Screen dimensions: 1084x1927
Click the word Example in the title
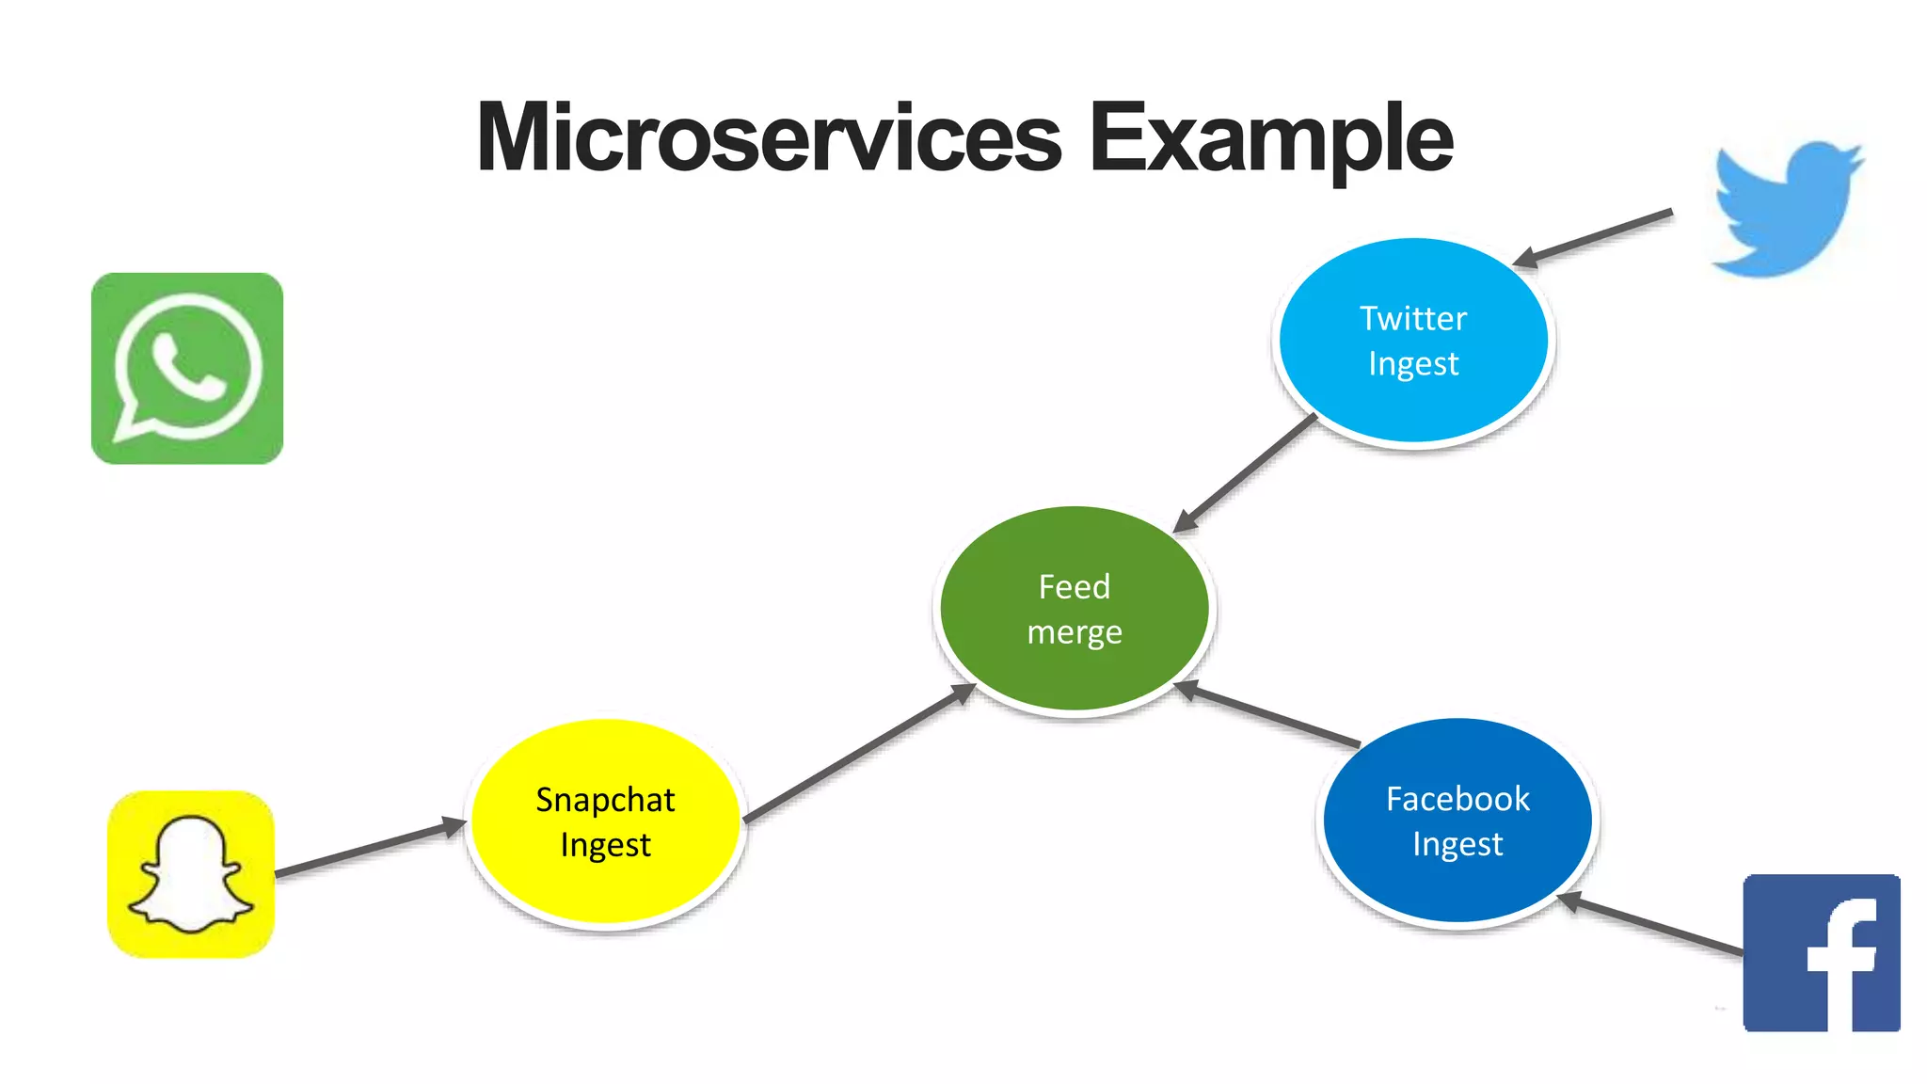pos(1270,139)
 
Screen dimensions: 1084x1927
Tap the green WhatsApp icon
pos(187,368)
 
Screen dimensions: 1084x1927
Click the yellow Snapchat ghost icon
pos(191,874)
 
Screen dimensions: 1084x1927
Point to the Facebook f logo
pos(1822,952)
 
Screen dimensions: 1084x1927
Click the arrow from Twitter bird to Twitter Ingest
pos(1594,237)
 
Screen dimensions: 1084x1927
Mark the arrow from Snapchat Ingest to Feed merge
pos(859,754)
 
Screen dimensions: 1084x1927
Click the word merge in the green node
pos(1074,632)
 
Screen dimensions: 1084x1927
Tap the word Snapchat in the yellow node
pos(605,800)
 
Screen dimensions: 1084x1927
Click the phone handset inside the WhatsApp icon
pos(187,368)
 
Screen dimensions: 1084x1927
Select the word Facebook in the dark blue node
pos(1457,799)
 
